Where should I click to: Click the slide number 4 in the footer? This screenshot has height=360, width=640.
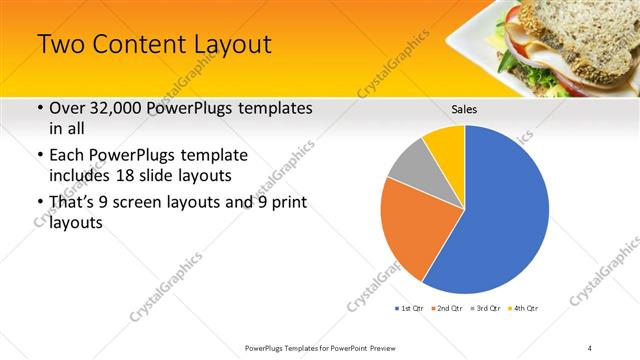(590, 348)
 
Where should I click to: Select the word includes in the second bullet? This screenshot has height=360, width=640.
(82, 176)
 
